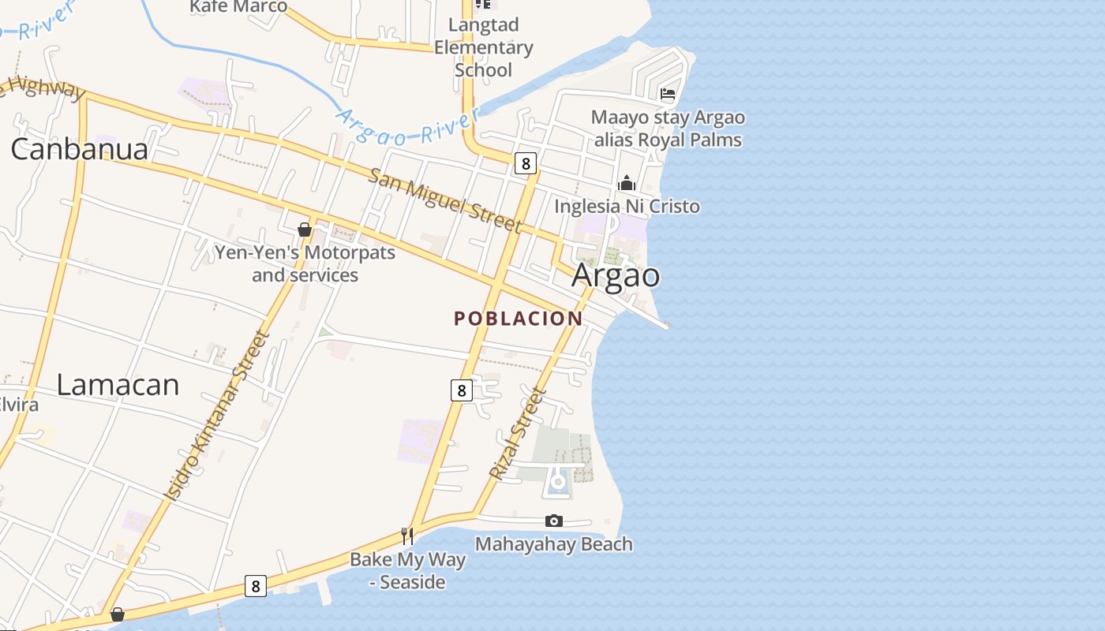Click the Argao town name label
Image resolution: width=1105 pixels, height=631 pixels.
click(x=616, y=275)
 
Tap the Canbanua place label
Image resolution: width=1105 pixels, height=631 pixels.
click(x=79, y=149)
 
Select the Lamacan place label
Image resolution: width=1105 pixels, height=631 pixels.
click(x=118, y=385)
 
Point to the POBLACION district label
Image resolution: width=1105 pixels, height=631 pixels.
click(x=519, y=319)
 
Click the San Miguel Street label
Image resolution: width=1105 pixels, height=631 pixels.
click(x=445, y=200)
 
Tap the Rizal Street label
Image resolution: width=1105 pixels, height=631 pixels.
click(x=518, y=435)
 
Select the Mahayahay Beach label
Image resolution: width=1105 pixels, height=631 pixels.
click(x=553, y=544)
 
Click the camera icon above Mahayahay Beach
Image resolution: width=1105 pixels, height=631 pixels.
click(x=554, y=521)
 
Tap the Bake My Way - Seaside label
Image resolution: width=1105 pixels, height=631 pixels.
click(x=408, y=571)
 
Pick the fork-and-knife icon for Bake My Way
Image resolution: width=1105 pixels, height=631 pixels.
click(x=407, y=536)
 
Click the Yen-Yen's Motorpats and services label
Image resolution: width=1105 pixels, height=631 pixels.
click(x=305, y=264)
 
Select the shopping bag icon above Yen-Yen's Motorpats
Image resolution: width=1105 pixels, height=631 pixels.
click(x=305, y=230)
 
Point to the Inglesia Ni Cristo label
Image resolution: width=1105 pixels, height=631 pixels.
click(x=627, y=207)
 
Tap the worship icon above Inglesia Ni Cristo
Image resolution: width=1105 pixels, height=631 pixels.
click(x=627, y=183)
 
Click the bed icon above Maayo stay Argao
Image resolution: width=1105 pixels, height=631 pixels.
click(x=668, y=94)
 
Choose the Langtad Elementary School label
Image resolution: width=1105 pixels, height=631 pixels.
click(x=484, y=47)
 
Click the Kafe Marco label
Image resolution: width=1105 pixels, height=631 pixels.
click(x=238, y=6)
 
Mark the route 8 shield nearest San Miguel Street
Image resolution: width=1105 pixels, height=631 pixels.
click(x=525, y=163)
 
